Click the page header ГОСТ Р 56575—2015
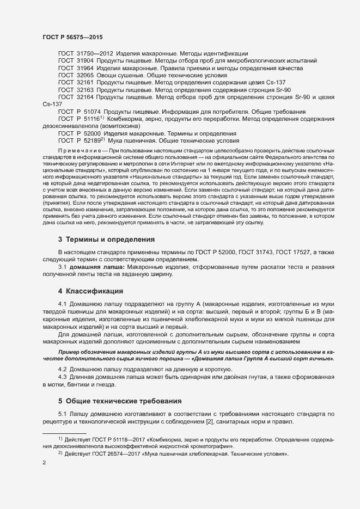72,37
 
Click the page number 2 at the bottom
44,463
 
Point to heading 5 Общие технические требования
120,401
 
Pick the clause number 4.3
63,377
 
